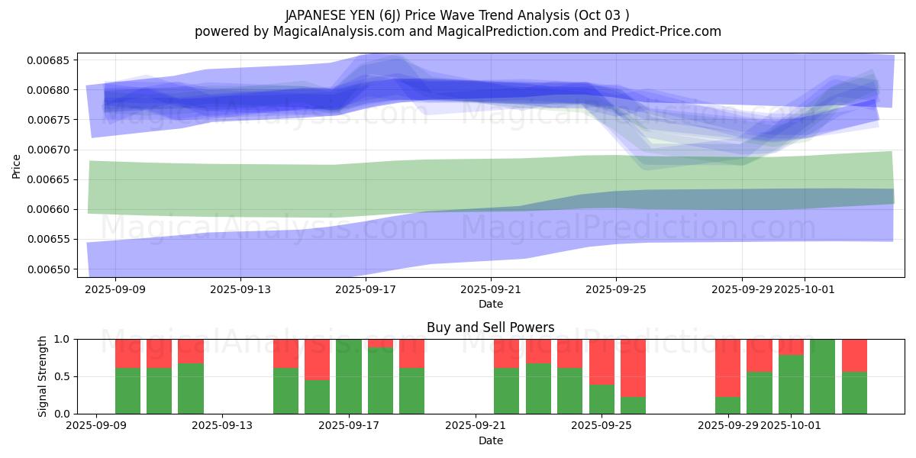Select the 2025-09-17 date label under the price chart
pos(366,290)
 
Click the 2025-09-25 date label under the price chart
pos(617,290)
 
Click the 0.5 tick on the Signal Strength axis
pos(61,377)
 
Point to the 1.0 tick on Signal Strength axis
pos(61,339)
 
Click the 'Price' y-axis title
pos(17,165)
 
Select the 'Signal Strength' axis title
pos(43,376)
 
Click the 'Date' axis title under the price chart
pos(491,304)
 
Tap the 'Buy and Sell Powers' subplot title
pos(491,328)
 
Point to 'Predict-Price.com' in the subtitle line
pos(669,31)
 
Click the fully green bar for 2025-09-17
pos(349,376)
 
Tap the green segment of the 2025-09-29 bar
pos(728,405)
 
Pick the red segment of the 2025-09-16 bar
pos(318,359)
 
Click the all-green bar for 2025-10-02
pos(823,376)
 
